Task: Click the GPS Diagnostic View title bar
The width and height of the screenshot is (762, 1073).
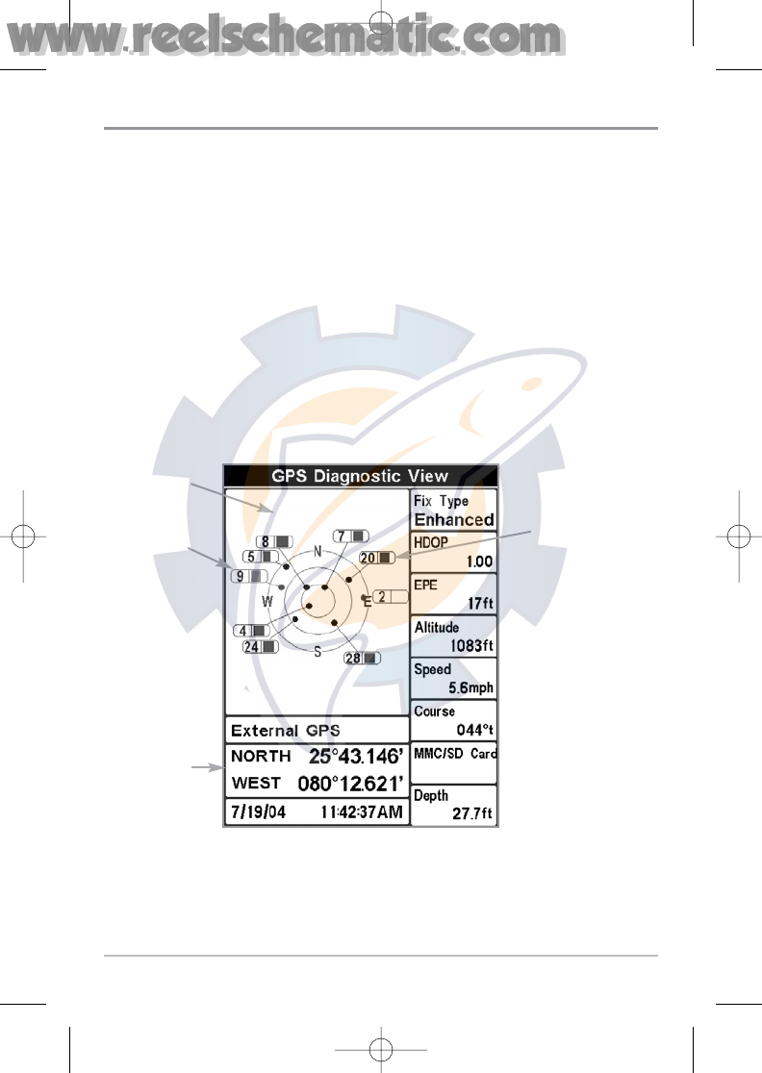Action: (360, 476)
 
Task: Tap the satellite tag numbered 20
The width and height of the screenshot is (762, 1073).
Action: (376, 558)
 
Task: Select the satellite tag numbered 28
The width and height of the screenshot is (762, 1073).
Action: (362, 658)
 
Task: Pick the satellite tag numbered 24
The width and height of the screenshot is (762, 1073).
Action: (261, 647)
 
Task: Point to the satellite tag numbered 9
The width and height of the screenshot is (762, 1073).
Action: (249, 576)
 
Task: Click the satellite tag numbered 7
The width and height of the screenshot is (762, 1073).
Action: (351, 536)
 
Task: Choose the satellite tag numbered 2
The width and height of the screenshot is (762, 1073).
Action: (391, 597)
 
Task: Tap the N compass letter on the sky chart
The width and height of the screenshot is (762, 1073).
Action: (317, 552)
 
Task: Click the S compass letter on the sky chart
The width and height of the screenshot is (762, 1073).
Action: (317, 652)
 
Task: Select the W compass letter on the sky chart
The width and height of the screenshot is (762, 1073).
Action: (267, 602)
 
